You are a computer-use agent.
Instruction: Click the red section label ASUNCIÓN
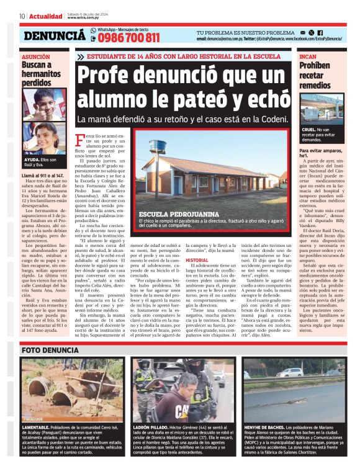36,56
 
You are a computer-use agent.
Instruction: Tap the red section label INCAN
308,56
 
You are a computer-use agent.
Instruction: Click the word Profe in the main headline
107,75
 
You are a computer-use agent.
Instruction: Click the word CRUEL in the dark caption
307,130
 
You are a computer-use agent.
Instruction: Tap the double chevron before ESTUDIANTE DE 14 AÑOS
81,57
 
